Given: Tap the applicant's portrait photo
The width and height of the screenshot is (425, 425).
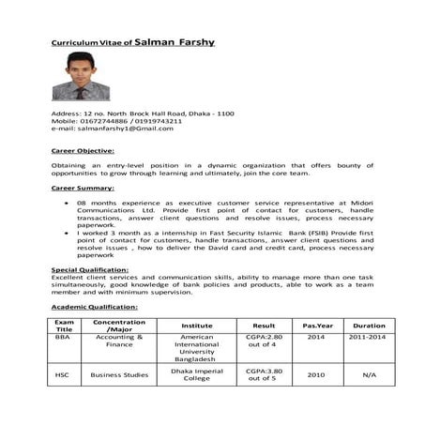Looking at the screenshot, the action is [x=81, y=77].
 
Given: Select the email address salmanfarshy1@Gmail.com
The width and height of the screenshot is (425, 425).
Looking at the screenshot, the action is [x=113, y=129].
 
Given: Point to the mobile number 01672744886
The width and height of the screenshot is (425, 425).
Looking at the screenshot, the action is [x=102, y=121].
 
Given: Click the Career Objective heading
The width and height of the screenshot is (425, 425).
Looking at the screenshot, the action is [x=83, y=150].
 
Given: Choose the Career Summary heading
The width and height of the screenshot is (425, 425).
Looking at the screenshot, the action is [x=82, y=188].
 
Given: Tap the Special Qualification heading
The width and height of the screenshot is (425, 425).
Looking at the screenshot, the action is [x=90, y=269].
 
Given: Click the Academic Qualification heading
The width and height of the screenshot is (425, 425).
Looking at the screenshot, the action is [x=94, y=307].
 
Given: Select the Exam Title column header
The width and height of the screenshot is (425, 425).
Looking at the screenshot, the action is [x=64, y=326].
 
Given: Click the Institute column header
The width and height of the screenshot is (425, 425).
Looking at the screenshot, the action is [x=197, y=326].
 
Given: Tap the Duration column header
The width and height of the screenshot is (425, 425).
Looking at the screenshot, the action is [x=369, y=326].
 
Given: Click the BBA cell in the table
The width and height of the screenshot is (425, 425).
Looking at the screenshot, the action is [x=63, y=336].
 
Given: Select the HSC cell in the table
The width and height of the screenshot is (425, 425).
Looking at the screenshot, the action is [x=64, y=375].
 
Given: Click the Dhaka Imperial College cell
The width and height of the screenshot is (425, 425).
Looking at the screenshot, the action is [x=197, y=375].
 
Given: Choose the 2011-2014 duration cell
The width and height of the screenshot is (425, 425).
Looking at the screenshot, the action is [x=369, y=336].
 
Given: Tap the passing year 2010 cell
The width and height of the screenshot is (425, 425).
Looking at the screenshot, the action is [x=315, y=375].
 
